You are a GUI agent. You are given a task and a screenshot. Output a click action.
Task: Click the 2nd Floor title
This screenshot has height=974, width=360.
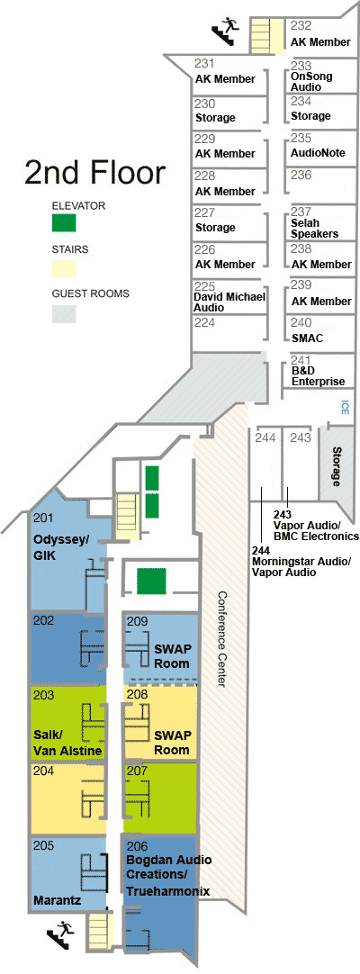point(95,173)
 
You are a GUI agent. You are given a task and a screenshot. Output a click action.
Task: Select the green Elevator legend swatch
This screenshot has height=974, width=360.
point(64,222)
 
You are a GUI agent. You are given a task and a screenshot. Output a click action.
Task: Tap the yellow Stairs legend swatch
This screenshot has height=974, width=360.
point(64,267)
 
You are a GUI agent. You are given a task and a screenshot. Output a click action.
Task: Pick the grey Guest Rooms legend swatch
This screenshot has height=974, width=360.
point(64,312)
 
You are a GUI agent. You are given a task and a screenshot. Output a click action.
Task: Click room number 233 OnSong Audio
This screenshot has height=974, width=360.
point(310,77)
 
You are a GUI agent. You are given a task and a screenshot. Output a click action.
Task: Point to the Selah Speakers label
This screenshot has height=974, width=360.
point(314,228)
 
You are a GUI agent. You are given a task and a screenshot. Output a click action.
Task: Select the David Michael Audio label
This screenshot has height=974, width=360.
point(230,302)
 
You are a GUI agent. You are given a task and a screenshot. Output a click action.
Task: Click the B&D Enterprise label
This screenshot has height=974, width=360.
point(318,375)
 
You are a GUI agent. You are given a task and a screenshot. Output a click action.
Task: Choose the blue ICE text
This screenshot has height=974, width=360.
point(344,407)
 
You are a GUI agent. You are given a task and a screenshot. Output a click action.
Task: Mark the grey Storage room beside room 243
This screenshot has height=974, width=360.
point(337,467)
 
